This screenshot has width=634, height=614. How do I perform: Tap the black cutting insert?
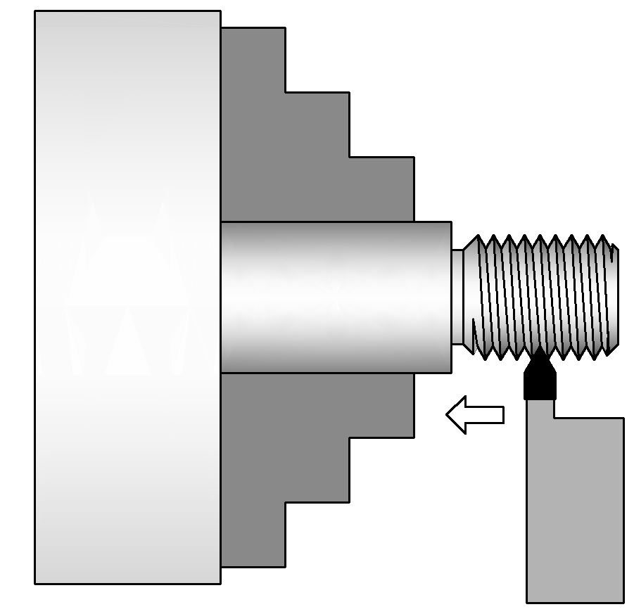(540, 380)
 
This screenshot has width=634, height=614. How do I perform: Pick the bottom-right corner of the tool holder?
(623, 601)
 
